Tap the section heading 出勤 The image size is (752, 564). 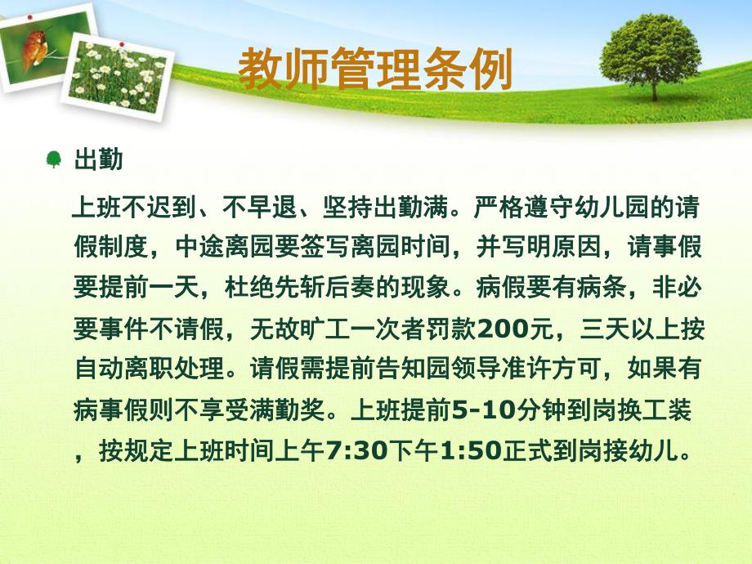coord(98,159)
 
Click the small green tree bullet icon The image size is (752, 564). coord(54,159)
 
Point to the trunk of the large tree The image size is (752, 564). coord(654,88)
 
